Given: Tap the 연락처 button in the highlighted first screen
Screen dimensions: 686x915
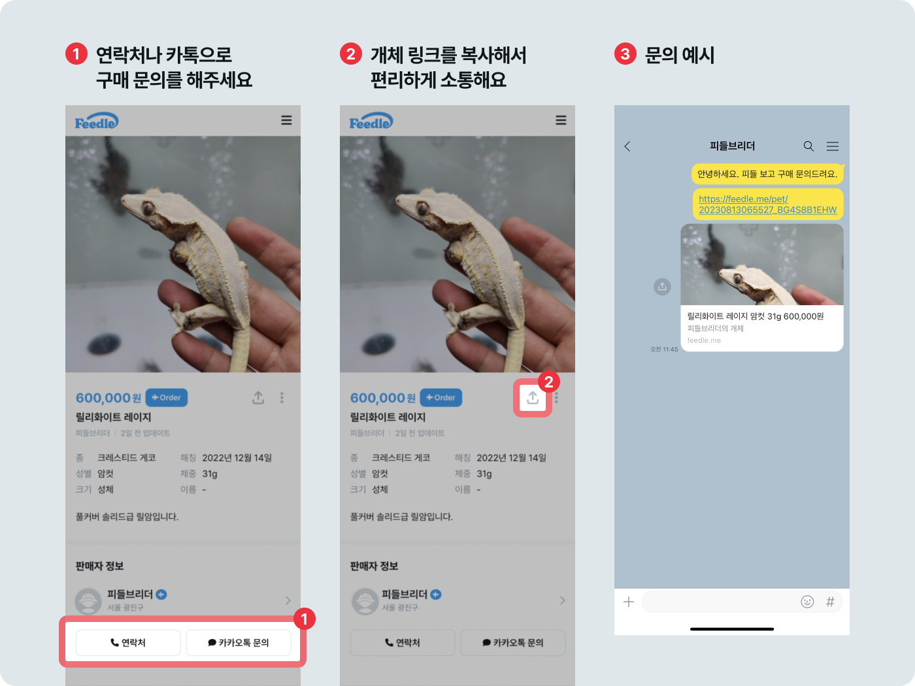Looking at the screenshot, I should click(128, 643).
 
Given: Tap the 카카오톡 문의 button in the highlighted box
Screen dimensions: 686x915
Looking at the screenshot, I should click(238, 643).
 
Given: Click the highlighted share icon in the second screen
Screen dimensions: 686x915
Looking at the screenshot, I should click(533, 398).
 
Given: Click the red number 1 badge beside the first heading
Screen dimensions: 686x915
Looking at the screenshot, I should click(76, 54).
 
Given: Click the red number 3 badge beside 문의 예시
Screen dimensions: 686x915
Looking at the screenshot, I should click(625, 54).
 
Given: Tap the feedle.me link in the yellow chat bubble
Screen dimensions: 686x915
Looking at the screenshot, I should click(767, 204).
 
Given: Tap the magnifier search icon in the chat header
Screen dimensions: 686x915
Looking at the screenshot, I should click(808, 146).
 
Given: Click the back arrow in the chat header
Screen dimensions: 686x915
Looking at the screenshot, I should click(627, 146).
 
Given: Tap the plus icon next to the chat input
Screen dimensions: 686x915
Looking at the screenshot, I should click(629, 602).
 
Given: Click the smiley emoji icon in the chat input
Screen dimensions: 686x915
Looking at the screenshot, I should click(807, 602).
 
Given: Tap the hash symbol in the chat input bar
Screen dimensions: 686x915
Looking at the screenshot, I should click(830, 602).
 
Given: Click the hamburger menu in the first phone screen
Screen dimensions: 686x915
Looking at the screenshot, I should click(286, 120).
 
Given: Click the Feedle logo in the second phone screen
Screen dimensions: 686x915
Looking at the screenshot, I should click(371, 122).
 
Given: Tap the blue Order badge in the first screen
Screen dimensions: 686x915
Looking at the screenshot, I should click(167, 397).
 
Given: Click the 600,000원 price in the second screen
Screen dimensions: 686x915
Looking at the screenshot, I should click(382, 398).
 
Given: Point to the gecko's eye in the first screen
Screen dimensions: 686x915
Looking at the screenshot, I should click(148, 208).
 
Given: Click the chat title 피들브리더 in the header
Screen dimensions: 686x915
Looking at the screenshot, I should click(732, 146).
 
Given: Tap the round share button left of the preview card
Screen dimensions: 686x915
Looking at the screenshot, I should click(662, 286).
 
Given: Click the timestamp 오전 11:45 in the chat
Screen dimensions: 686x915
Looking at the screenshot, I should click(664, 350).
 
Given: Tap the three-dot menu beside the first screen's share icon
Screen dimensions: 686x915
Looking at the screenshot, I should click(282, 397).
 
